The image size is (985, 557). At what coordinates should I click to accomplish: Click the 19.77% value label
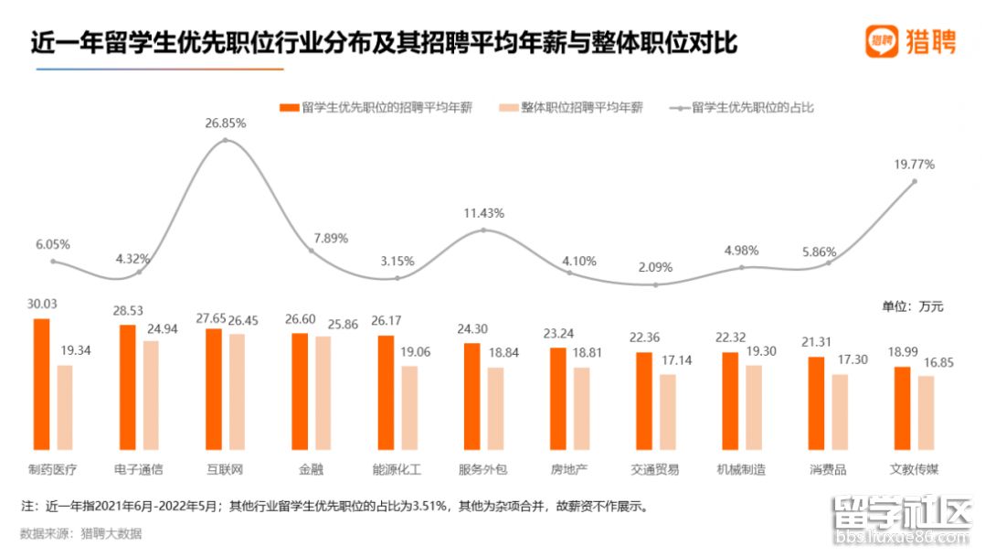click(x=915, y=165)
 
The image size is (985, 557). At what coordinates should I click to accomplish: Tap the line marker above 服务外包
click(x=483, y=230)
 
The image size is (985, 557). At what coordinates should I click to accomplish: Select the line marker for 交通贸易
click(x=655, y=284)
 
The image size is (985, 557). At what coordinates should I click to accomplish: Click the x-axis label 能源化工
click(x=397, y=469)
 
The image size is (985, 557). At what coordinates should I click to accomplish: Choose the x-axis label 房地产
click(x=569, y=469)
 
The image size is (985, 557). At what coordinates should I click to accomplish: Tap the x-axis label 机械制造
click(x=741, y=469)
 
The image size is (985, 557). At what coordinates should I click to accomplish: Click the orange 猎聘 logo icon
click(x=881, y=41)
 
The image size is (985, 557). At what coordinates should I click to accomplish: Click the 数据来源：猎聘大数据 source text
click(x=80, y=533)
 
